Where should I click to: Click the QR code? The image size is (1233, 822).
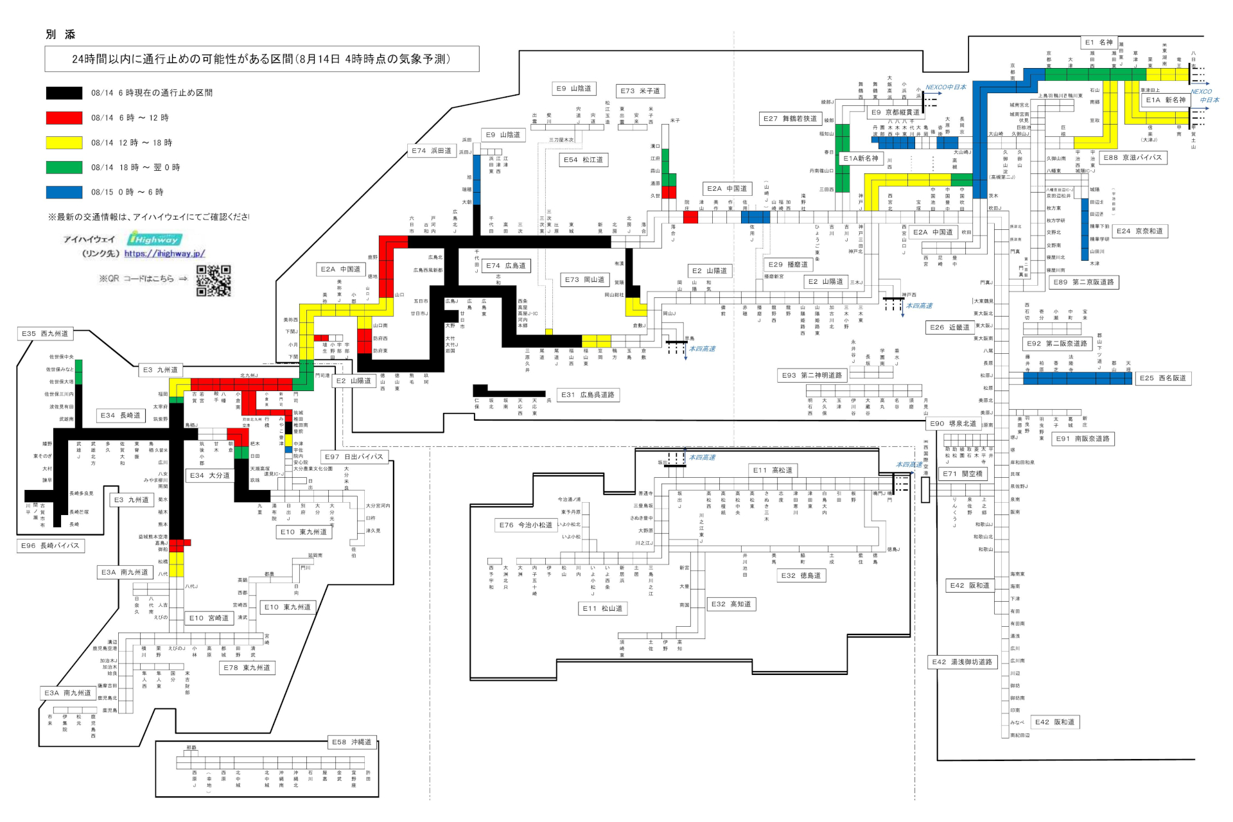[213, 281]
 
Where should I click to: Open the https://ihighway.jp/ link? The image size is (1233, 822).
[164, 254]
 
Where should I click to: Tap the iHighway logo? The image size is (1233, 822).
[153, 239]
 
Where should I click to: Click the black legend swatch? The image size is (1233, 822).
[64, 93]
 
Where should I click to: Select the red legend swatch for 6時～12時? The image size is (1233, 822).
[64, 118]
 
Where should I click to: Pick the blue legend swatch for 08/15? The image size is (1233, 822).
[64, 192]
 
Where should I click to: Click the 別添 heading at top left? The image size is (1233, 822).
[60, 35]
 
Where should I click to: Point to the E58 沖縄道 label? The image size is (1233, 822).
[351, 742]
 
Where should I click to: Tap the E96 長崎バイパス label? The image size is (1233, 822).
[50, 546]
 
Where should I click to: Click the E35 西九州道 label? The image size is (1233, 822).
[44, 334]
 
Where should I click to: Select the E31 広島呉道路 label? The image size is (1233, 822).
[588, 395]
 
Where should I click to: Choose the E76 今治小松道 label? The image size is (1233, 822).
[525, 525]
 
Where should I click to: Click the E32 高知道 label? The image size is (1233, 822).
[731, 604]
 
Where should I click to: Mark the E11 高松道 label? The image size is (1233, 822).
[773, 471]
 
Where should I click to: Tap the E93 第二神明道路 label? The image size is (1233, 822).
[812, 376]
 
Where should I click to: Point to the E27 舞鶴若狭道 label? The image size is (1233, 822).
[790, 119]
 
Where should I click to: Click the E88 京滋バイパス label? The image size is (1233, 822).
[1132, 157]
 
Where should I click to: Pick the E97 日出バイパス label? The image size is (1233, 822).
[354, 457]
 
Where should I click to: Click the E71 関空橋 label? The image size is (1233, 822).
[963, 474]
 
